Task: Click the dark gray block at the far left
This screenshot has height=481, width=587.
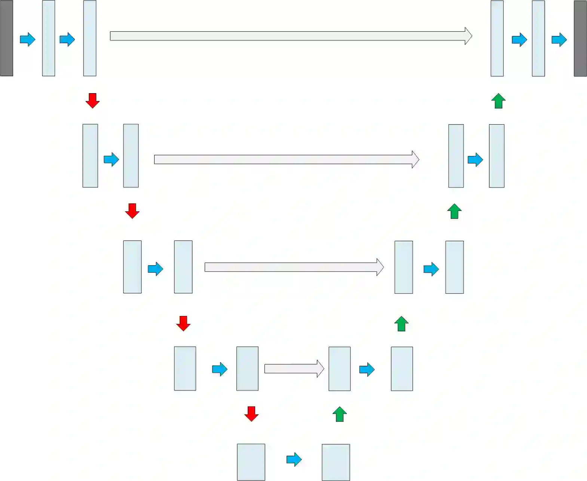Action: [7, 38]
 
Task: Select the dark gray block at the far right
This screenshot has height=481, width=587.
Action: [580, 39]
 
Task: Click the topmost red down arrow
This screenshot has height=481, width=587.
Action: [92, 101]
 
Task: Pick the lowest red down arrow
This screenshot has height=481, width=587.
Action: [251, 414]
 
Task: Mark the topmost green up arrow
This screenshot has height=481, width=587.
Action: [498, 101]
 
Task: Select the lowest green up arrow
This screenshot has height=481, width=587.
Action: [340, 414]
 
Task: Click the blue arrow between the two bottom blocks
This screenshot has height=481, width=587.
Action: [294, 459]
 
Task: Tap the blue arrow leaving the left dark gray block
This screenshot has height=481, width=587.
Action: [27, 39]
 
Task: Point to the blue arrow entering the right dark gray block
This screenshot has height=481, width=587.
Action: [559, 39]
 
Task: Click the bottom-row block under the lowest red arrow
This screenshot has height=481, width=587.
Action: [251, 462]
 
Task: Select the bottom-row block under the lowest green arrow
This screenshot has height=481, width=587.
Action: [336, 462]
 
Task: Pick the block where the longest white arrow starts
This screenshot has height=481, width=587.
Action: [90, 38]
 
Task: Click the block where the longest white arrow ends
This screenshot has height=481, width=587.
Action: [497, 39]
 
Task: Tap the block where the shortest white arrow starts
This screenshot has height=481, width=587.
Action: [247, 368]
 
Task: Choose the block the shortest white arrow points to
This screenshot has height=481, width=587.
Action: [340, 369]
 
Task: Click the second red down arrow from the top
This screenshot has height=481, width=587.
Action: [132, 211]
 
